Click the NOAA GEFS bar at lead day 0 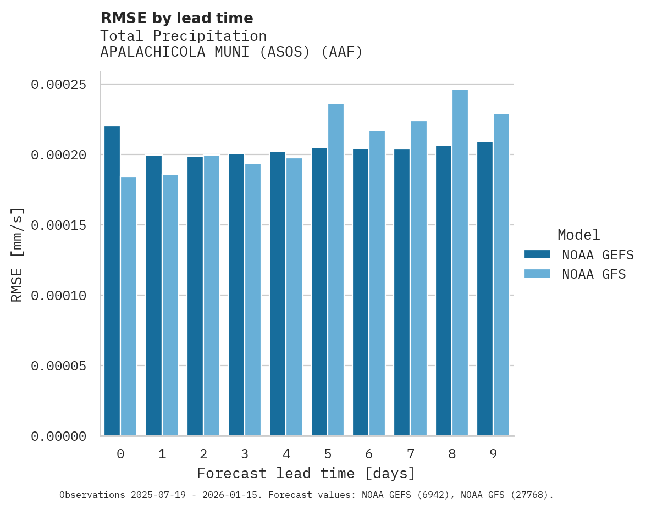tap(112, 281)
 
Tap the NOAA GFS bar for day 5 tap(336, 270)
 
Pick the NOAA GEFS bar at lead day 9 tap(485, 289)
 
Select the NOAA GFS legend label tap(594, 274)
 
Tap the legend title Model tap(578, 235)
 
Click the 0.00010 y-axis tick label tap(59, 296)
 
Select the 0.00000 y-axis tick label tap(59, 436)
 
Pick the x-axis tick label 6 tap(369, 454)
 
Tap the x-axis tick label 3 tap(245, 454)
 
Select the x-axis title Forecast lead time tap(306, 473)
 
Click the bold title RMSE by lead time tap(177, 18)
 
